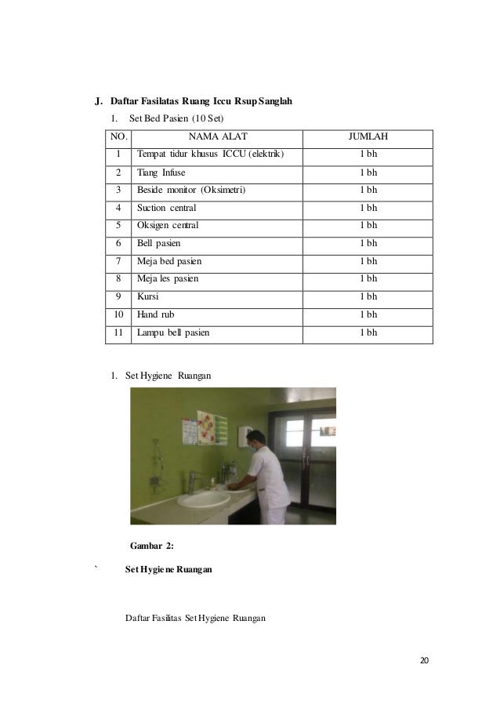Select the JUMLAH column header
pyautogui.click(x=368, y=138)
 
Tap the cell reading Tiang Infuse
pyautogui.click(x=161, y=172)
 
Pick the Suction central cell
pyautogui.click(x=167, y=208)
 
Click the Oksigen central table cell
pyautogui.click(x=168, y=226)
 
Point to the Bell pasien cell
pyautogui.click(x=158, y=244)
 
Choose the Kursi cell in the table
pyautogui.click(x=147, y=297)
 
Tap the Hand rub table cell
pyautogui.click(x=154, y=314)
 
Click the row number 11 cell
pyautogui.click(x=119, y=332)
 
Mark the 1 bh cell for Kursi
pyautogui.click(x=368, y=297)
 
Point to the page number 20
pyautogui.click(x=424, y=660)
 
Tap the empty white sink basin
pyautogui.click(x=201, y=499)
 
